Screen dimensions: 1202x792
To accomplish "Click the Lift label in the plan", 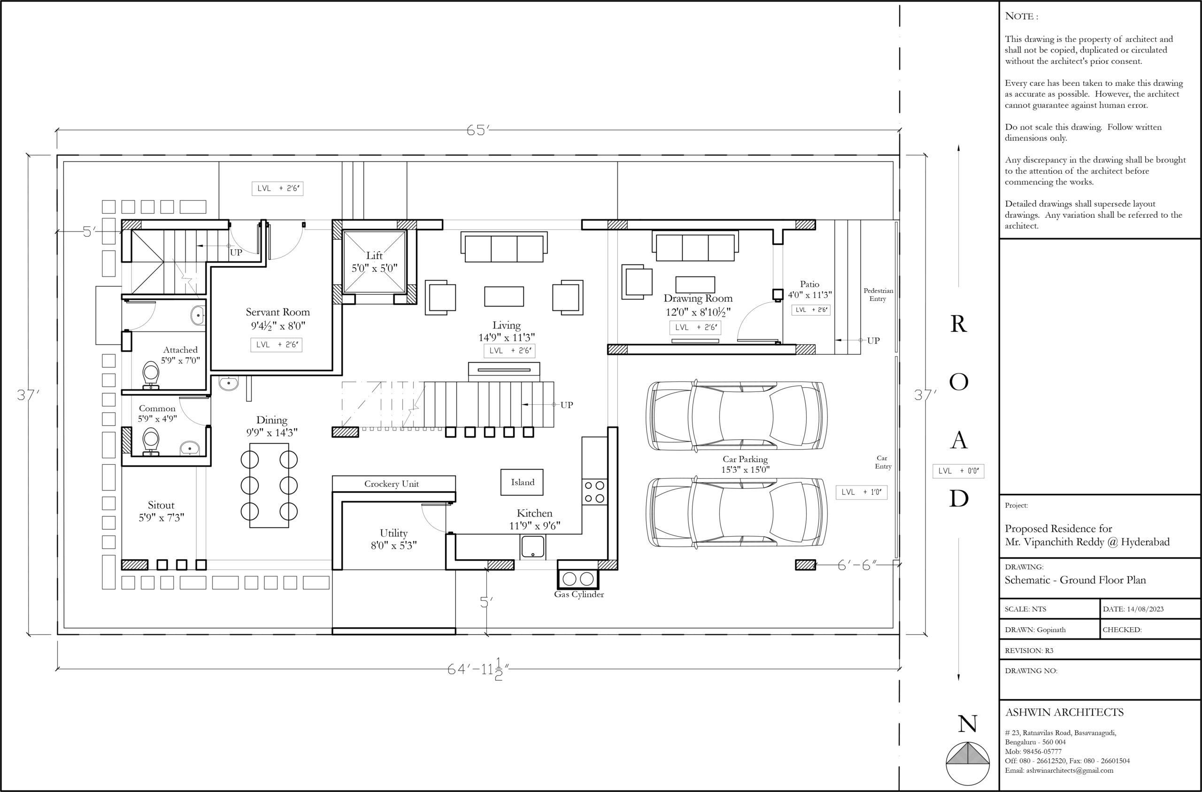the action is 374,255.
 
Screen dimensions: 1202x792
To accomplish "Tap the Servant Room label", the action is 278,312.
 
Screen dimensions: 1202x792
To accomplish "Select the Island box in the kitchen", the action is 522,482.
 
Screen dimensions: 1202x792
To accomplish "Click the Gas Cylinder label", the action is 579,594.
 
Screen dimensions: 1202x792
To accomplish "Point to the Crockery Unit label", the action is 392,484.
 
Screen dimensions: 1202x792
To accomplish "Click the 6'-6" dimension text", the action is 857,565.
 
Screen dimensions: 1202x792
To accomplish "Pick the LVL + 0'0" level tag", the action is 958,471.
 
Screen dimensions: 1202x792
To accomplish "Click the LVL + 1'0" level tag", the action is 861,492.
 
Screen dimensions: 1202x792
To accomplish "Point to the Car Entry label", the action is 883,462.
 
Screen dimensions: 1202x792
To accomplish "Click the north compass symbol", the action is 968,764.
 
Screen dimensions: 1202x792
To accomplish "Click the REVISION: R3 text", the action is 1029,651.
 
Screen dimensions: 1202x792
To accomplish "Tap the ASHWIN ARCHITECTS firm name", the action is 1064,712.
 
